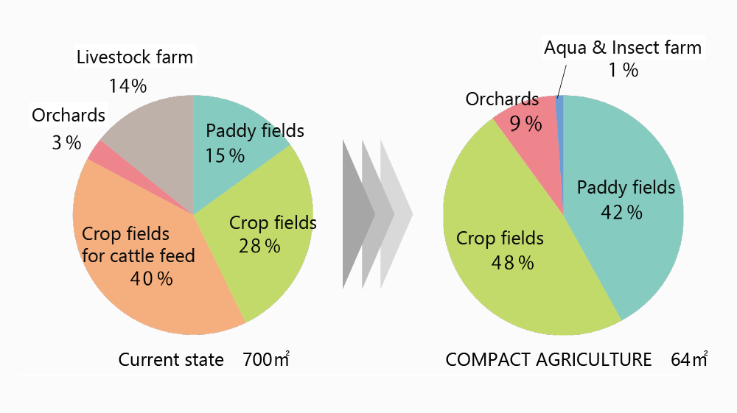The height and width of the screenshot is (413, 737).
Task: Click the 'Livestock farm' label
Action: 135,57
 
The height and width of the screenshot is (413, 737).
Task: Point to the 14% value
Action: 128,86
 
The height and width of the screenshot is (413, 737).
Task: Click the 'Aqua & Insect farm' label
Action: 623,47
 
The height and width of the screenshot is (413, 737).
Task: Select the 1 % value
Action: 624,71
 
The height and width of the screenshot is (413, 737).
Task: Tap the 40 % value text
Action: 151,279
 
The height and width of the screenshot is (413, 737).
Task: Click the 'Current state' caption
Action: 171,359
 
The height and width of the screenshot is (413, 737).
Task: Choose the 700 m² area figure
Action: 266,359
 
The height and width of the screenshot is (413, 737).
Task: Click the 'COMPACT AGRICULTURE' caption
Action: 548,359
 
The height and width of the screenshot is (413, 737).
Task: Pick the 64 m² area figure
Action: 689,359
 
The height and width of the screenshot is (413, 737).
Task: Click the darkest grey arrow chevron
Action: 359,214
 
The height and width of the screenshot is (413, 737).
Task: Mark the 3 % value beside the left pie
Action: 66,143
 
